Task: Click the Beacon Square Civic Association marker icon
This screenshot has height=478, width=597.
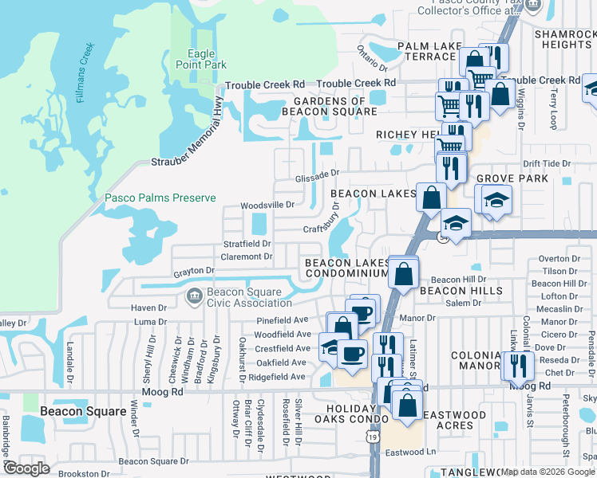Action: (192, 297)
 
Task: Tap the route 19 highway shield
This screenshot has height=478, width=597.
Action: (374, 437)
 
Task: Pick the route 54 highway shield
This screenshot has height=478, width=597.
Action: (444, 237)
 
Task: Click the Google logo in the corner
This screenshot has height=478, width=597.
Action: (26, 468)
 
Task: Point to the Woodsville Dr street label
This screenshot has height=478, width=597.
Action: (268, 206)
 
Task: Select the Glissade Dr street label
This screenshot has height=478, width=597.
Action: (318, 173)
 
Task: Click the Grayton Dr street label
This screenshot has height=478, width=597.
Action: (194, 272)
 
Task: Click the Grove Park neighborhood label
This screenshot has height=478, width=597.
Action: (512, 178)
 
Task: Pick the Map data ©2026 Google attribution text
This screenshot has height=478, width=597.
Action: (548, 472)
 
